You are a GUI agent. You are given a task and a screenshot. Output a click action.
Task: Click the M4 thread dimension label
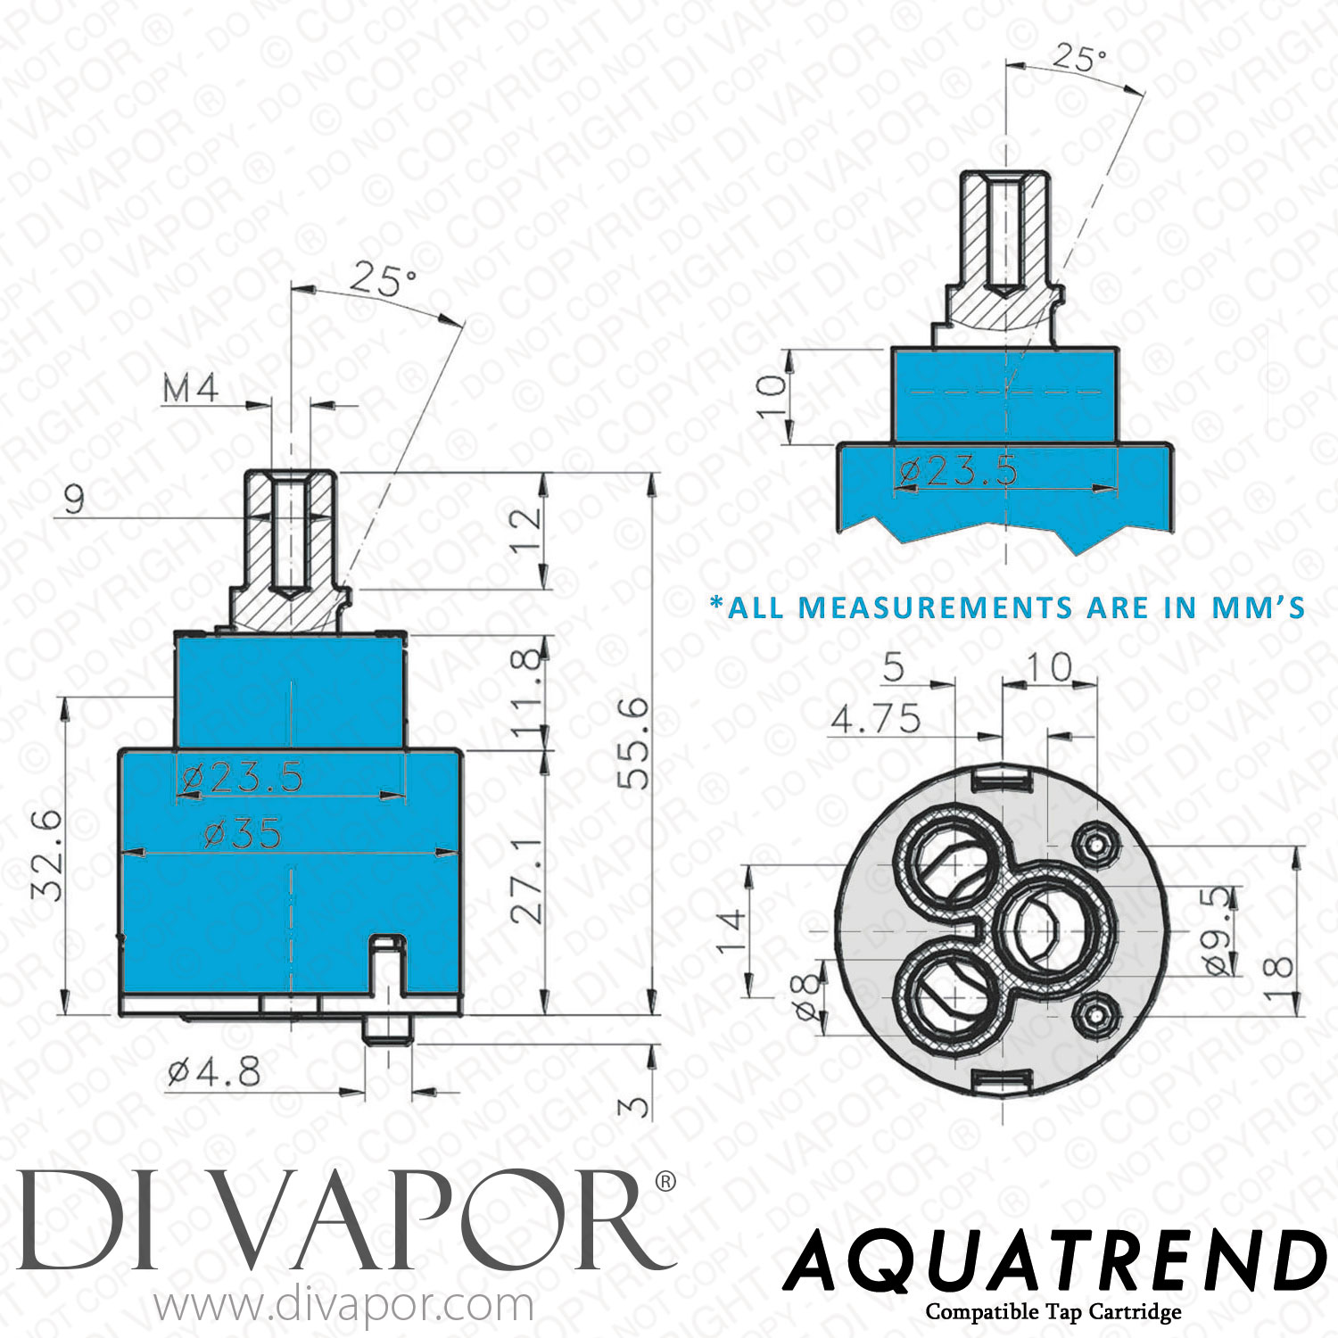190,389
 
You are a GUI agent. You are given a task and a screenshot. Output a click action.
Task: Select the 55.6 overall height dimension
635,743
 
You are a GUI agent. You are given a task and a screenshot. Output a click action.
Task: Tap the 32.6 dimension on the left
46,855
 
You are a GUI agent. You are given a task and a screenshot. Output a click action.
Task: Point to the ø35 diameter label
243,834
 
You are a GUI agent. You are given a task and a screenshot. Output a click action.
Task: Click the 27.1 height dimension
527,879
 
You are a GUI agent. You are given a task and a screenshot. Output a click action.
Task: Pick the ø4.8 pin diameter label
214,1071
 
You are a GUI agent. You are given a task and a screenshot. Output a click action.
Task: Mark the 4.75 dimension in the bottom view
875,718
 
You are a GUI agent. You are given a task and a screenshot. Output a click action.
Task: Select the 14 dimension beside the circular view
731,930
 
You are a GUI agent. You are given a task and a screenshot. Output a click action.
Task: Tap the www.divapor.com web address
344,1307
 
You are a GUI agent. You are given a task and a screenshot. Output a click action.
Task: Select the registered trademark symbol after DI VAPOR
665,1182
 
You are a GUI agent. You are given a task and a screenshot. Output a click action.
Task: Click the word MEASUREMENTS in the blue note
935,607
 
